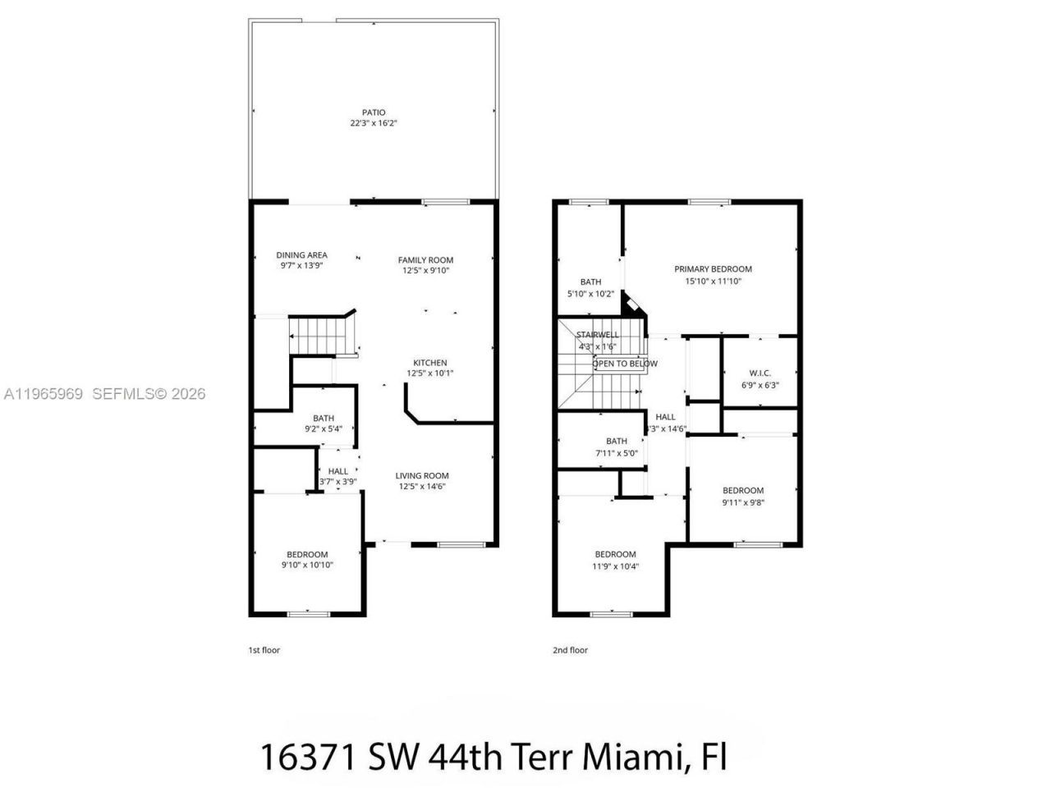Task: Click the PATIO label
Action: tap(374, 112)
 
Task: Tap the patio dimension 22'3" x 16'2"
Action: tap(374, 123)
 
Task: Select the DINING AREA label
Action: tap(301, 255)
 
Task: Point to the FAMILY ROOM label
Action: tap(425, 260)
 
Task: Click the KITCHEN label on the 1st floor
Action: tap(429, 363)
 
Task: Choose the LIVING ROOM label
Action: tap(422, 476)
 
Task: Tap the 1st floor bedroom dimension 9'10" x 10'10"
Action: tap(307, 565)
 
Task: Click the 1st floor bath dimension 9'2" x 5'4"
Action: tap(323, 428)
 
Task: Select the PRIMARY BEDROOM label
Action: tap(713, 269)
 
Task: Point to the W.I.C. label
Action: tap(760, 373)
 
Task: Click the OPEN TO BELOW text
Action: tap(625, 364)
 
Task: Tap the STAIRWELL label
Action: tap(597, 335)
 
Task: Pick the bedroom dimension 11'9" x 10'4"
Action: tap(615, 566)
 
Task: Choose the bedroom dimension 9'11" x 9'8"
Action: tap(743, 502)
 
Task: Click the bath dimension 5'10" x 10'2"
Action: tap(590, 293)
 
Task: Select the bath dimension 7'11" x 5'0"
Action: tap(616, 452)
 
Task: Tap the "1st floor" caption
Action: tap(264, 650)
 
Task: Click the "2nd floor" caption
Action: tap(570, 650)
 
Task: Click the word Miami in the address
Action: tap(631, 756)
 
